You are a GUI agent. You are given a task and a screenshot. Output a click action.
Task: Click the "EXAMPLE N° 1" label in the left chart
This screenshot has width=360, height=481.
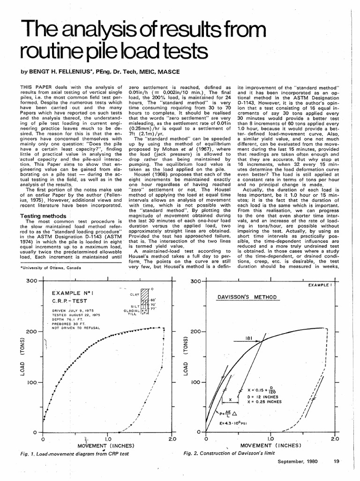tap(73, 293)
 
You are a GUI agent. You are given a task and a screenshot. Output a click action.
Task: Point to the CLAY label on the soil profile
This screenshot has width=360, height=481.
tap(135, 295)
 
